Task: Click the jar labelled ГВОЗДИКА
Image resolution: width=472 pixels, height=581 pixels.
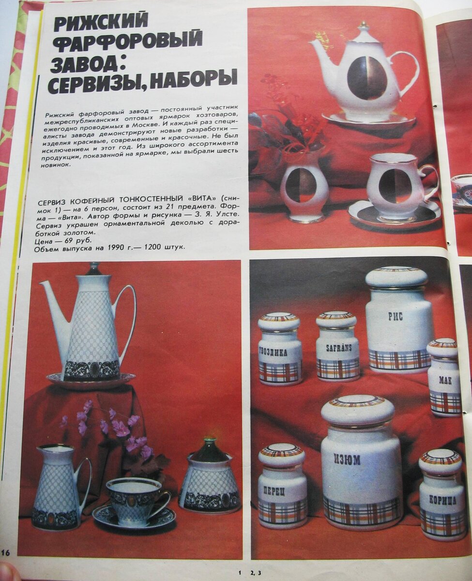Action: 280,350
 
